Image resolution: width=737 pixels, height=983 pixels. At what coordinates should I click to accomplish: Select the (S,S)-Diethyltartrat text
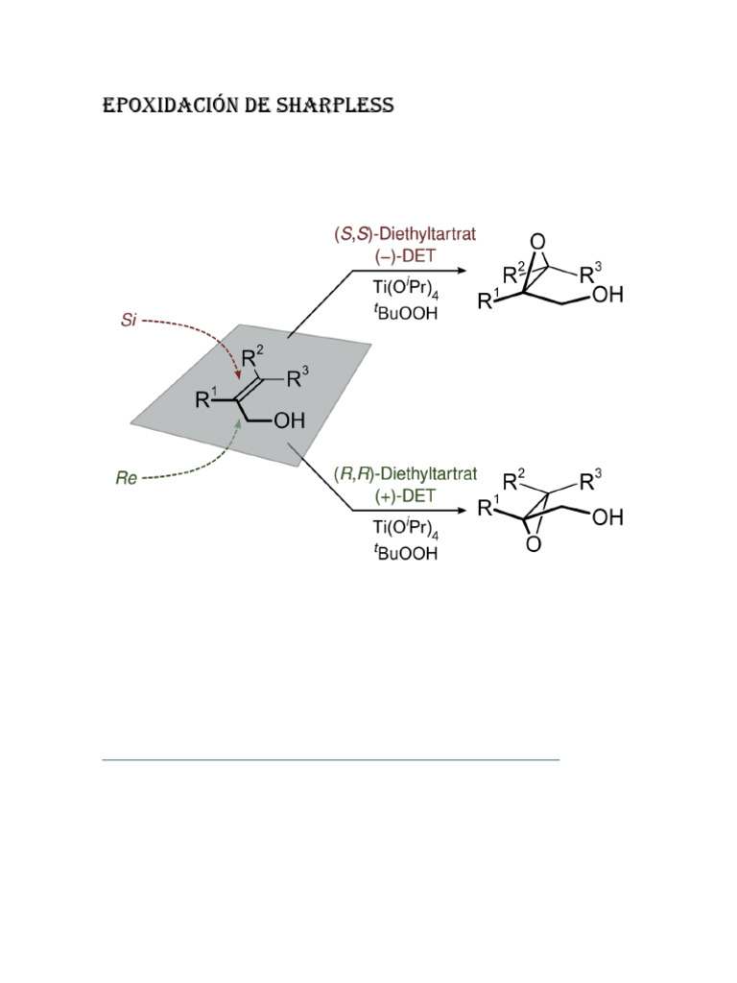pos(406,234)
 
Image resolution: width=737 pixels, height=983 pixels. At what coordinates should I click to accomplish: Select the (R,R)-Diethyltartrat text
pos(406,474)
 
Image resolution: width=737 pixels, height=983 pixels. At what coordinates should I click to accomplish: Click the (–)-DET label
pos(406,257)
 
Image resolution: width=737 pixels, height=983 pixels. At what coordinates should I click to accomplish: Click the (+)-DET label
pos(406,496)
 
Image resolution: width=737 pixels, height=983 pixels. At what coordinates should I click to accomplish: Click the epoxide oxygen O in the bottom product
pos(534,544)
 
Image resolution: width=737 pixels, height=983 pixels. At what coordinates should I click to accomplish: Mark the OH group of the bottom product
pos(606,518)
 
